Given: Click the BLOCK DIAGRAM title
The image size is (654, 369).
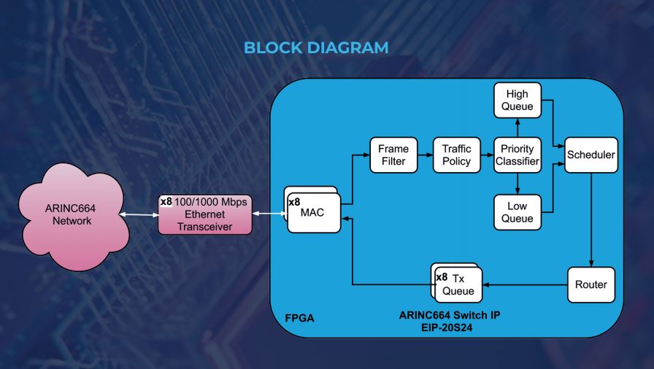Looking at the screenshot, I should (327, 48).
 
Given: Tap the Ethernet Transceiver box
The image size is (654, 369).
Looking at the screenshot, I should (205, 214).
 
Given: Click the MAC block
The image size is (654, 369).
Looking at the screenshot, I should (314, 212).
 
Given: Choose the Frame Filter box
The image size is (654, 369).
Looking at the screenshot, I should (393, 155).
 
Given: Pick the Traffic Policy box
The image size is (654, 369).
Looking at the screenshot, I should (457, 155).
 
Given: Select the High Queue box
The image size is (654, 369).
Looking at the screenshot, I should (518, 101).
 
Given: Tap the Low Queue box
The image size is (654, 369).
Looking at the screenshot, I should (518, 212).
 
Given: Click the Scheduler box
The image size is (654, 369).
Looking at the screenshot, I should (590, 155).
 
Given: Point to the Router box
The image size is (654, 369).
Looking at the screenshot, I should (590, 284).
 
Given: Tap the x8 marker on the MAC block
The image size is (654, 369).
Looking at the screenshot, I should (294, 202).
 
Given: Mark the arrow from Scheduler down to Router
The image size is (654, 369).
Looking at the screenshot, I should (590, 219).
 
